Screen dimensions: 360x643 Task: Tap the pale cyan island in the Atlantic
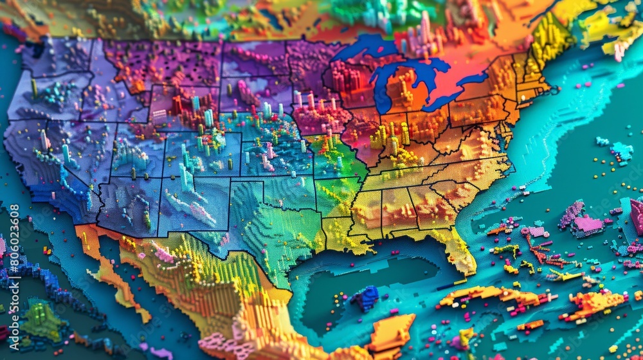(621, 152)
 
